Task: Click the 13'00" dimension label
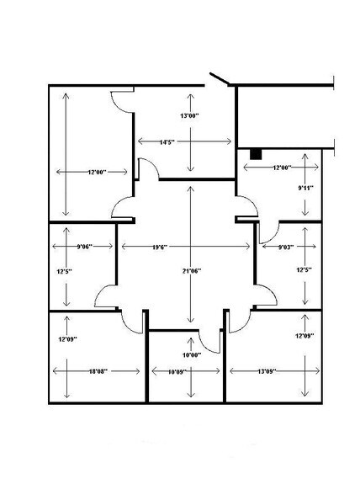189,115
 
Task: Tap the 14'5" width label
167,142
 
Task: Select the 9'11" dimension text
305,188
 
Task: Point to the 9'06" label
85,247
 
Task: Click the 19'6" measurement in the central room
160,247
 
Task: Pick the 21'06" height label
192,271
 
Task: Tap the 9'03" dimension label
286,247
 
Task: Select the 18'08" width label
98,371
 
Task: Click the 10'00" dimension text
192,355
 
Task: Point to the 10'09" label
177,372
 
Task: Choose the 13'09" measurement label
267,371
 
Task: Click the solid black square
256,154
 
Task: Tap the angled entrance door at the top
220,79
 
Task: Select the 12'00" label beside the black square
282,168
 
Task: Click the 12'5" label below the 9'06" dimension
65,271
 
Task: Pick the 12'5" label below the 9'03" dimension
304,270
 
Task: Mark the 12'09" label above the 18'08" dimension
68,339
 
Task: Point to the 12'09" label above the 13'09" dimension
304,336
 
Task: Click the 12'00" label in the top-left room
98,172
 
